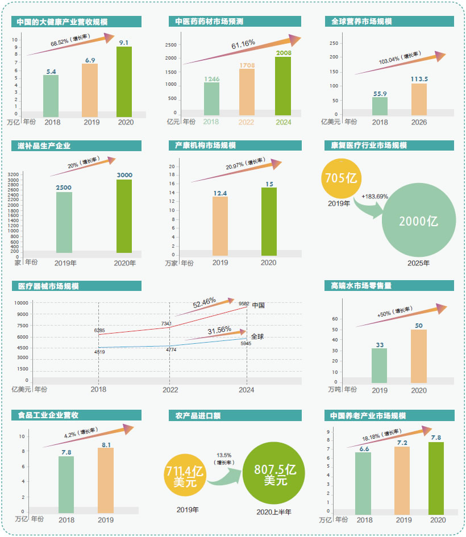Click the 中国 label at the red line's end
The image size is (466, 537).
[x=258, y=305]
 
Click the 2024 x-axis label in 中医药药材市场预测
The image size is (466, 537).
[x=282, y=122]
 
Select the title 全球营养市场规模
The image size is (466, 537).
[x=362, y=22]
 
